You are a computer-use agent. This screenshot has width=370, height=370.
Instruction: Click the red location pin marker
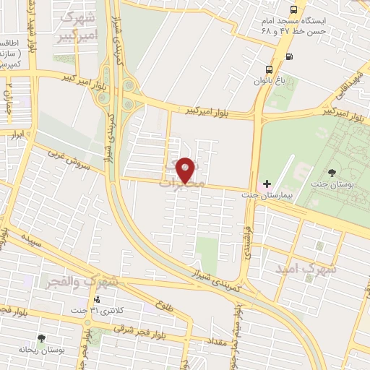(186, 169)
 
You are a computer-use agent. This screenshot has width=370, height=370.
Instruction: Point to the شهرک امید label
(306, 268)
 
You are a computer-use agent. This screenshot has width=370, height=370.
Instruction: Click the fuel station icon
(289, 56)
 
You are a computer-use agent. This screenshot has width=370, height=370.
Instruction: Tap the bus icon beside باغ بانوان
(269, 70)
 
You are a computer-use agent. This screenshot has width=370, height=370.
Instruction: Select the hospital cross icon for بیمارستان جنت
(267, 184)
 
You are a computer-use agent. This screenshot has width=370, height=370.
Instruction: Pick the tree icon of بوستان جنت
(331, 172)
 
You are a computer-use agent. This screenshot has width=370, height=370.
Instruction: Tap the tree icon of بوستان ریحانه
(40, 337)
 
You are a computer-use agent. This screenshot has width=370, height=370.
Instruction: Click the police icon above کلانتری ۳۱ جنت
(98, 299)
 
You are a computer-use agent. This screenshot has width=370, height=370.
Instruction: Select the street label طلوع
(164, 306)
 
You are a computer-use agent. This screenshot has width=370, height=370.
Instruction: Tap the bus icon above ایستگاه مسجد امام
(293, 9)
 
